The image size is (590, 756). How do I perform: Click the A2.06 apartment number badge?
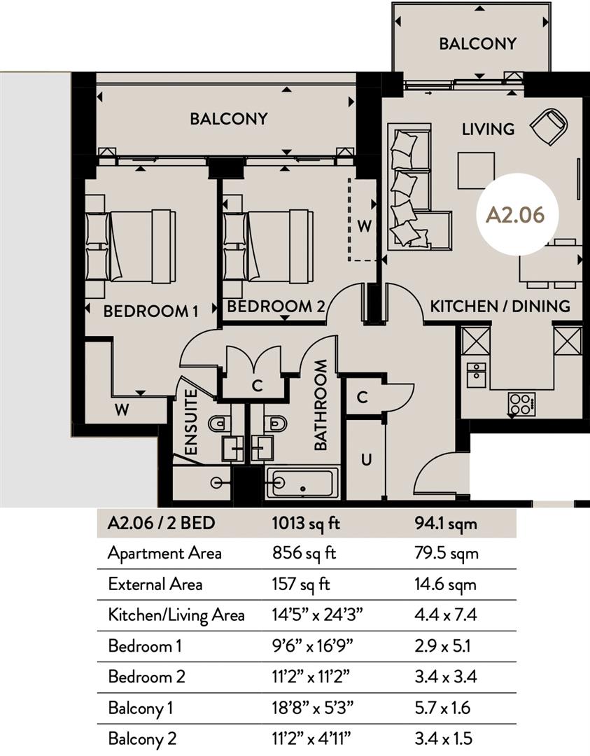pos(514,214)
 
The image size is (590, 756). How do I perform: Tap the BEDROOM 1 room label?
pos(150,311)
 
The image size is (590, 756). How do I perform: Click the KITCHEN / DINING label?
pos(500,306)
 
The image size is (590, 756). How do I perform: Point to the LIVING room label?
pos(488,129)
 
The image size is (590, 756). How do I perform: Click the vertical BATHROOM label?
pos(321,405)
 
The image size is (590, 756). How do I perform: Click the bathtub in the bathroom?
pos(302,483)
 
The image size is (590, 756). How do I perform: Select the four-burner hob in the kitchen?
pos(520,402)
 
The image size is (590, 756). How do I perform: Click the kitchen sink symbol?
pos(476,374)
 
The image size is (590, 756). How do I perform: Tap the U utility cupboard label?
pos(365,460)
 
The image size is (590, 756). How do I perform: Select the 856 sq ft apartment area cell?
pos(304,553)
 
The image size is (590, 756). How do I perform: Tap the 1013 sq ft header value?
pos(307,523)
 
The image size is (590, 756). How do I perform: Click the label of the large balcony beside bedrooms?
pos(228,119)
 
